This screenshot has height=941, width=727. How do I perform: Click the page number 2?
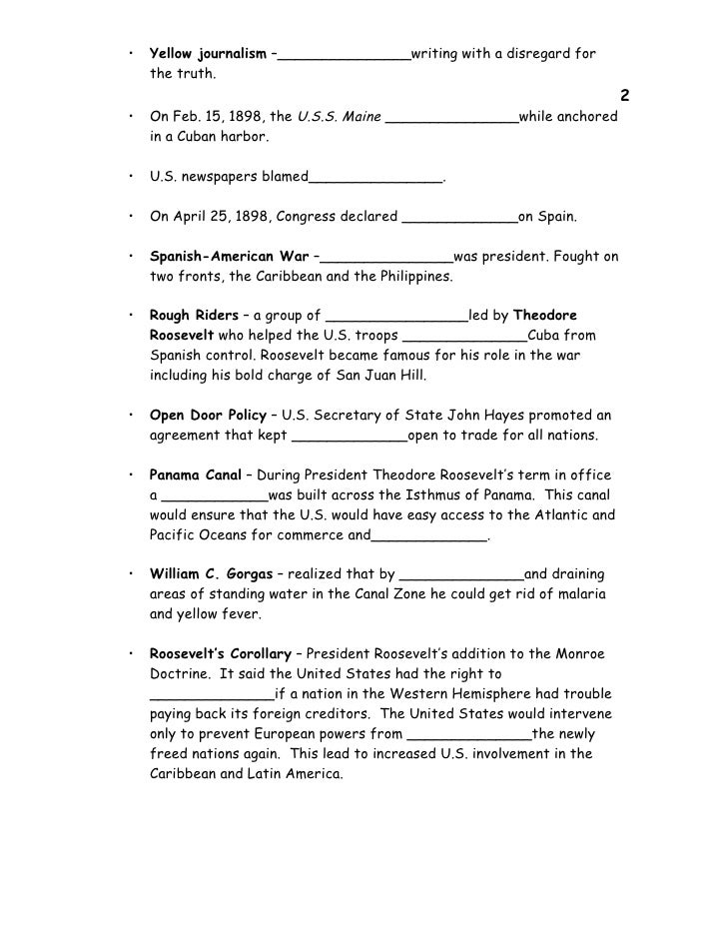tap(624, 97)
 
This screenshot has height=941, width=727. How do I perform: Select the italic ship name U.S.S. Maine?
tap(340, 117)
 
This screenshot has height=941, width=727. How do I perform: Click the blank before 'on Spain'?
tap(458, 218)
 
